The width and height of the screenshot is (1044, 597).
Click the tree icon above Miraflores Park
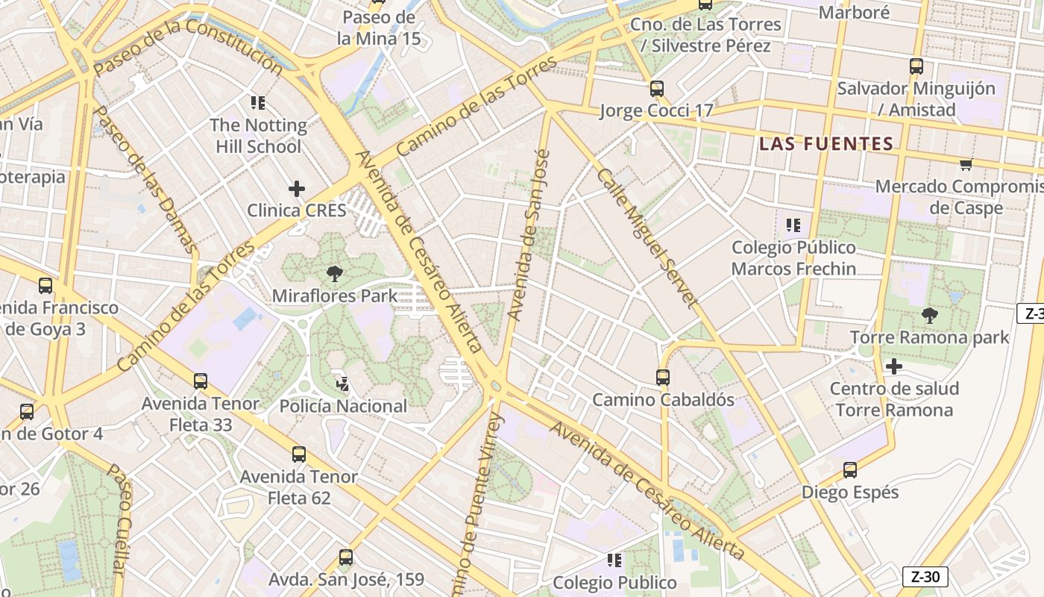tap(335, 274)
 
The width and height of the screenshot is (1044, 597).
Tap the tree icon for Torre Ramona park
tap(929, 316)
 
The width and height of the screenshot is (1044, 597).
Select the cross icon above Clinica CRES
tap(297, 189)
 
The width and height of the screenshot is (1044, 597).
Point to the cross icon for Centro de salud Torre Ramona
tap(893, 366)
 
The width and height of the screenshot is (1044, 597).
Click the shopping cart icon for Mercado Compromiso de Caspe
tap(966, 164)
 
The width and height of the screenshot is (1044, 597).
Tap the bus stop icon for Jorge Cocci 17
tap(656, 89)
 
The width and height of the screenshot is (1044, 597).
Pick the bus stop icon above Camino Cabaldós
tap(663, 378)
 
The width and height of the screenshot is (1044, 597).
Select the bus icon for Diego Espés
tap(850, 470)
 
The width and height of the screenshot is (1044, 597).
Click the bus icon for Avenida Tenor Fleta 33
tap(201, 381)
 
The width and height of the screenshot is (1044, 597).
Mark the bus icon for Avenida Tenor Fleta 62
tap(299, 454)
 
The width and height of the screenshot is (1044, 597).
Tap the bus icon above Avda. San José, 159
tap(345, 557)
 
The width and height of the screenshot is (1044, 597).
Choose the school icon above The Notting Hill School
tap(258, 103)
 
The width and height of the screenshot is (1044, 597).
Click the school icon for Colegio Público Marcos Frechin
tap(793, 225)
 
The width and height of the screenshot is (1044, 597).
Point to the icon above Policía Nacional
tap(342, 384)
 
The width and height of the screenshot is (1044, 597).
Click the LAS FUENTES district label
tap(826, 143)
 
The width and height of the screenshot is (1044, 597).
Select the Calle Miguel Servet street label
tap(646, 237)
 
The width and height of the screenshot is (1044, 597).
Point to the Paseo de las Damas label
tap(145, 179)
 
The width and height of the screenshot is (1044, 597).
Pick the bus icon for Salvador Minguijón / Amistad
tap(916, 66)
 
